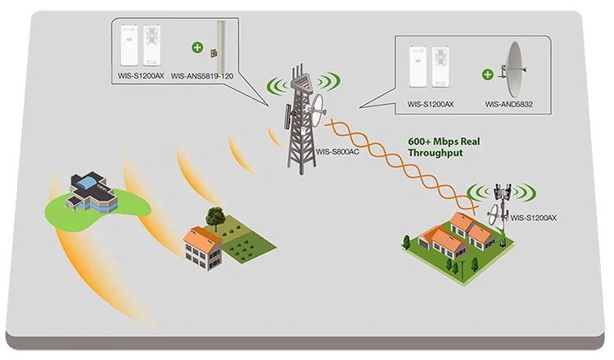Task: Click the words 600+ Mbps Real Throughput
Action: tap(444, 146)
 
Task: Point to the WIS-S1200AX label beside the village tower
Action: tap(534, 218)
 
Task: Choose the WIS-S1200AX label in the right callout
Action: tap(431, 105)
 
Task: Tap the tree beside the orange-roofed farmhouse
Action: tap(216, 217)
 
